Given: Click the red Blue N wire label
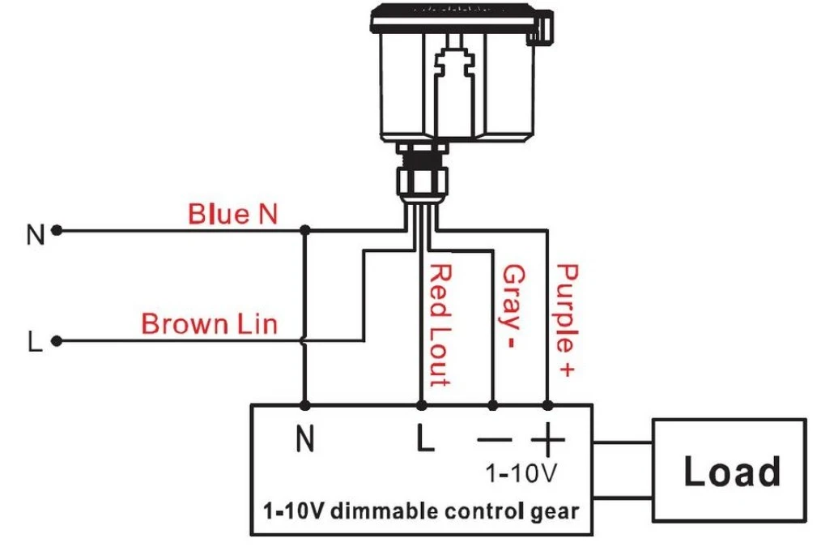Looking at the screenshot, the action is point(232,214).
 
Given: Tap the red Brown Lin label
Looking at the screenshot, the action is point(209,324).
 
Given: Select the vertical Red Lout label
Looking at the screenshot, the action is point(440,326).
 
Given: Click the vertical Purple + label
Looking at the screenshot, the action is point(567,320).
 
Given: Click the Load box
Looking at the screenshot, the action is point(730,470).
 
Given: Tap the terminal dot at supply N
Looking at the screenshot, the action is point(57,230).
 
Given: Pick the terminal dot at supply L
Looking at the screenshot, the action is point(57,342).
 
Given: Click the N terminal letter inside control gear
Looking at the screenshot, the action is point(305,438).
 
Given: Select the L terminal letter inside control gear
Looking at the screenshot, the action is point(425,438).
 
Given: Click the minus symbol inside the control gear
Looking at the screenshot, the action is point(495,439).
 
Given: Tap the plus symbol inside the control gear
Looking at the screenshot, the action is point(547,439).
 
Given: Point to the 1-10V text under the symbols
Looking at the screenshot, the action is point(521,473).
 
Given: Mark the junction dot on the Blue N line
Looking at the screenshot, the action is point(305,230).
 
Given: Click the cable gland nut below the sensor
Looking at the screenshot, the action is point(422,180).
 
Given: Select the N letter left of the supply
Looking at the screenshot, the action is point(36,234).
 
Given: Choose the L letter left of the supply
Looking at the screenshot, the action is point(35,341).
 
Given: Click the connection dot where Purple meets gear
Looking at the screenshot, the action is point(547,405).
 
